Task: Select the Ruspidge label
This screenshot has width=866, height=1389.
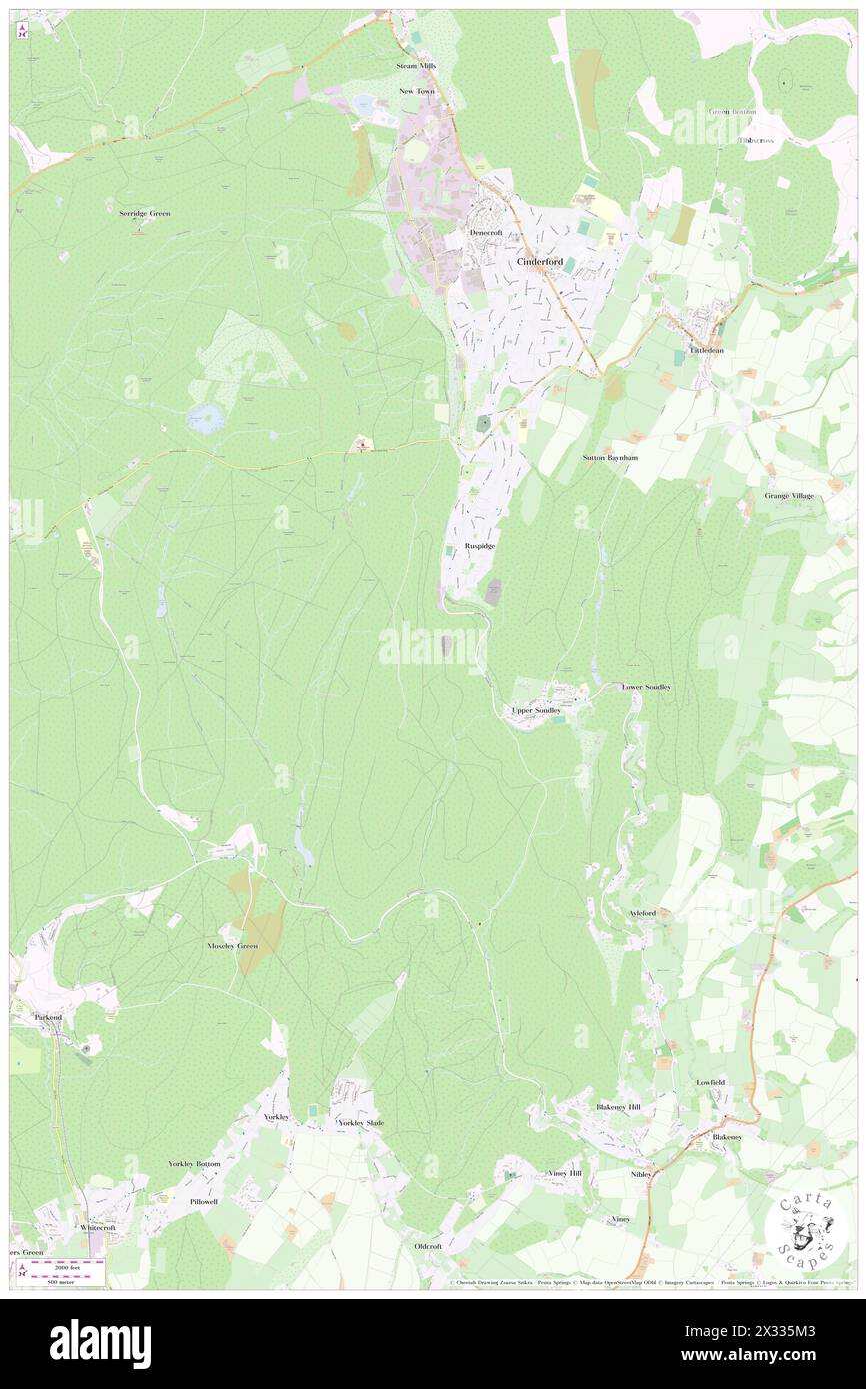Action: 480,546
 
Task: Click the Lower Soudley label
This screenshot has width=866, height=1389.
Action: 646,687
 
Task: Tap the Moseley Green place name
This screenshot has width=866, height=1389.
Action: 232,945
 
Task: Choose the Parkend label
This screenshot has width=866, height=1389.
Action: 48,1016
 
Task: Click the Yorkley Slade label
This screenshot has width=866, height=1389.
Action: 361,1123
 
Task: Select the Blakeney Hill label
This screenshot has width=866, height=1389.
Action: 618,1107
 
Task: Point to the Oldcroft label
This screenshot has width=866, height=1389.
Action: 428,1246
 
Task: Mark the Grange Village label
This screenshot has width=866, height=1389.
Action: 789,495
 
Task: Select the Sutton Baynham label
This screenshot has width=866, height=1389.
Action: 610,457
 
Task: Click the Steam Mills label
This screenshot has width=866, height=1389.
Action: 416,66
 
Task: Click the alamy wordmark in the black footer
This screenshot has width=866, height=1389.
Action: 100,1343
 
